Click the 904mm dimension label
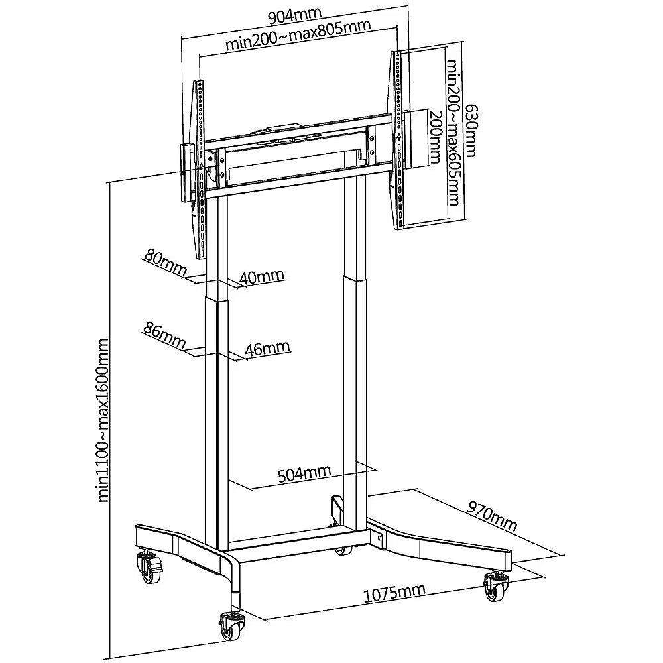295,16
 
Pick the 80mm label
166,261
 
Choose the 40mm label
262,277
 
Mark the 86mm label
164,335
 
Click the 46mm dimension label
268,349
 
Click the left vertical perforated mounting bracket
200,169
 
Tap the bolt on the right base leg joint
379,538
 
